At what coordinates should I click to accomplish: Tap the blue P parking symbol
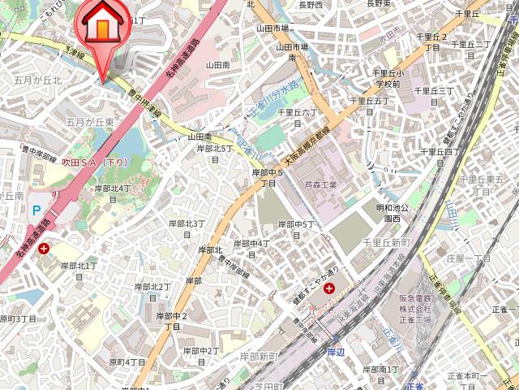tap(36, 210)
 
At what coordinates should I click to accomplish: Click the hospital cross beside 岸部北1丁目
tap(43, 249)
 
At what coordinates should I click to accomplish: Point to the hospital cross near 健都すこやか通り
tap(329, 288)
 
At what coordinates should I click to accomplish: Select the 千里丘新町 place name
tap(388, 243)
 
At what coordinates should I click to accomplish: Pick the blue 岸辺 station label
tap(336, 351)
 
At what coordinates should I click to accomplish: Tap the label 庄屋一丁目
tap(468, 258)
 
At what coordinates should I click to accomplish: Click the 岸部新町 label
tap(258, 357)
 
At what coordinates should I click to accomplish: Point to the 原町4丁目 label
tap(127, 362)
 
